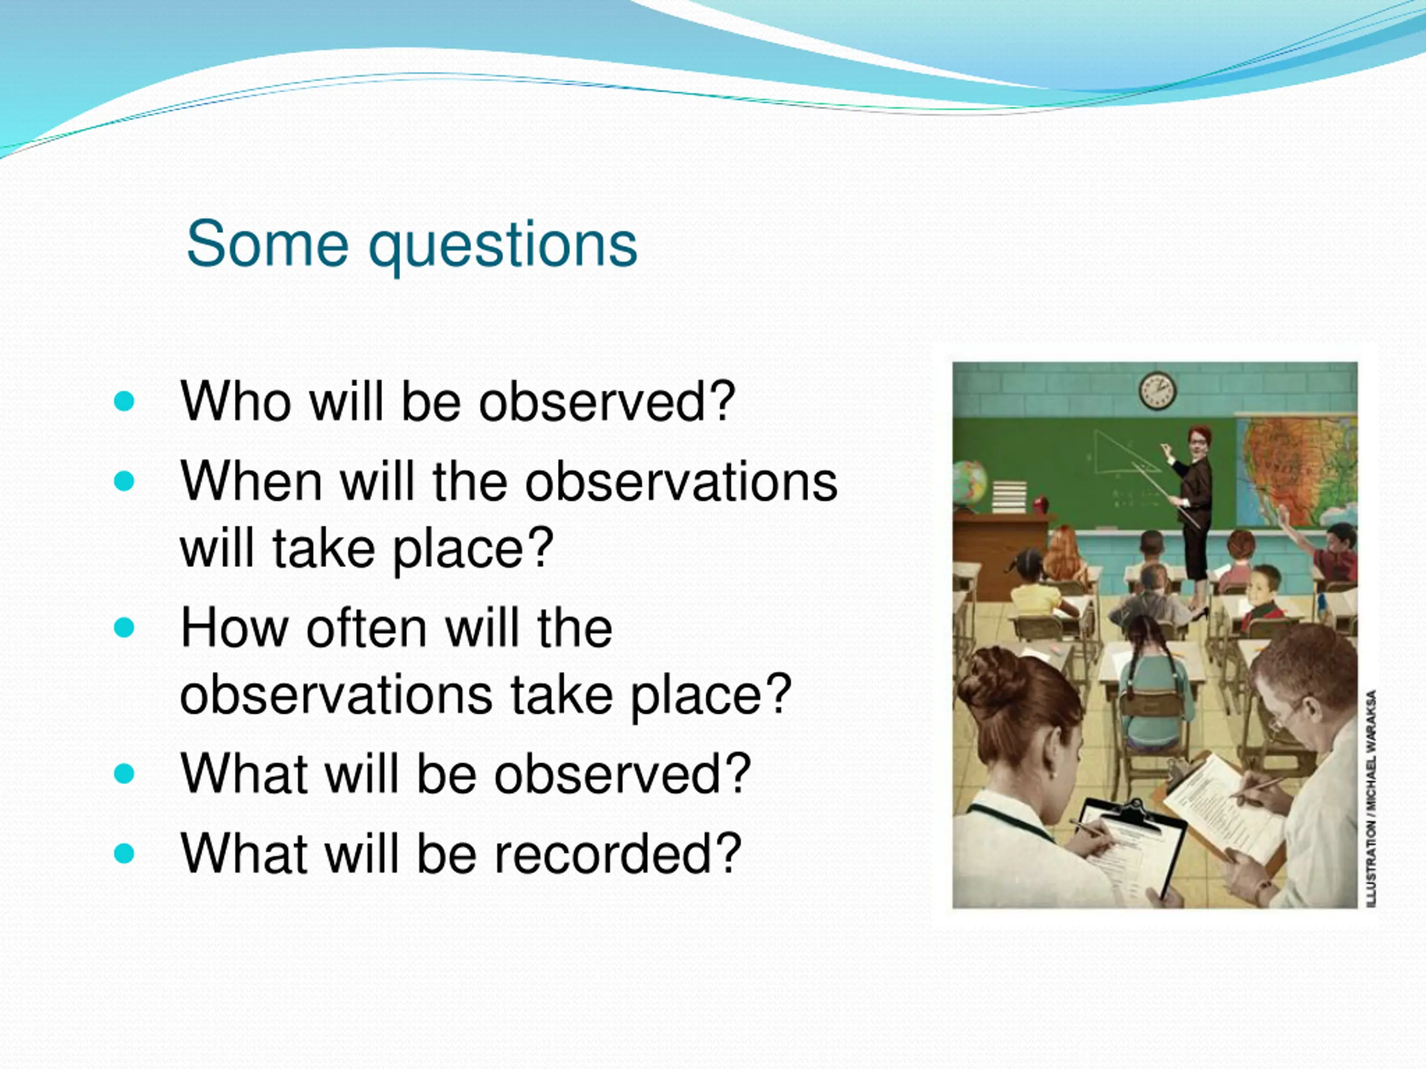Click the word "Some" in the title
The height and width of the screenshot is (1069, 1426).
(267, 244)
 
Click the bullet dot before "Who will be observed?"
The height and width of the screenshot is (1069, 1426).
(124, 401)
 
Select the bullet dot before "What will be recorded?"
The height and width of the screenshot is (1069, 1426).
(124, 853)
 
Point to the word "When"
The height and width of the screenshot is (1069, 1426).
(251, 482)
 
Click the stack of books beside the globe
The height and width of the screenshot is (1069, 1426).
(1009, 496)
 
